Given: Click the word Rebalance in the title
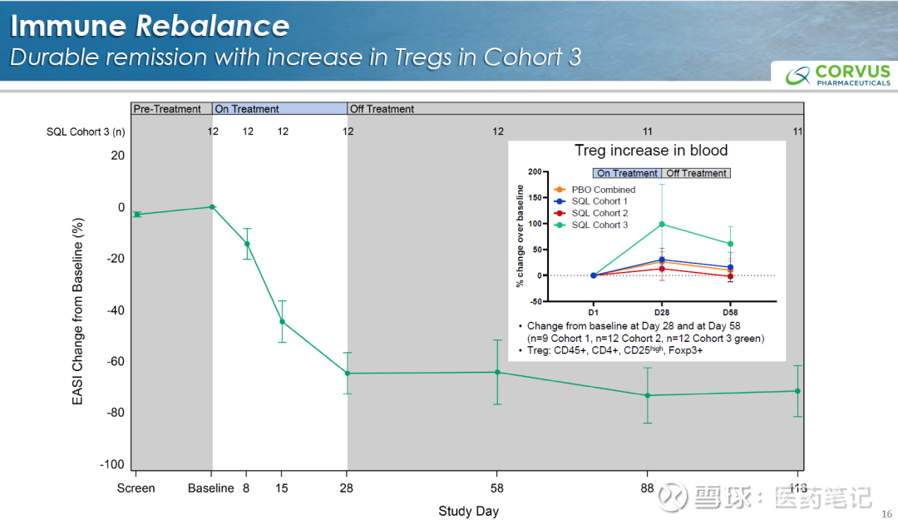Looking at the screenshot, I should click(212, 26).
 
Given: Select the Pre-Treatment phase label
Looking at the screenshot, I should click(167, 109).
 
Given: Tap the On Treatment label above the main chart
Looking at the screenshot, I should click(247, 109).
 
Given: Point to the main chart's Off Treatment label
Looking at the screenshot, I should click(382, 109).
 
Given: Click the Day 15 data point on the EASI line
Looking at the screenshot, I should click(283, 321).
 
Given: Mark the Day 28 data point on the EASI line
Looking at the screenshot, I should click(348, 374).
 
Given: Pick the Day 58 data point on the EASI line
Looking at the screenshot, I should click(498, 372).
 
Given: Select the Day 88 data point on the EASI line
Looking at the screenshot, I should click(648, 395).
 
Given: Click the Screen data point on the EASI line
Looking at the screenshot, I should click(137, 214).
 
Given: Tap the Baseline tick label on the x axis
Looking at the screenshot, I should click(211, 488).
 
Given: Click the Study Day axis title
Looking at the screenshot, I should click(469, 511).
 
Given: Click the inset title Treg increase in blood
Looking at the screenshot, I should click(651, 151).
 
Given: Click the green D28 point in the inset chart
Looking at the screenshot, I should click(662, 224).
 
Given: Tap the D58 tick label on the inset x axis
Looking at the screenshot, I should click(730, 311).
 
